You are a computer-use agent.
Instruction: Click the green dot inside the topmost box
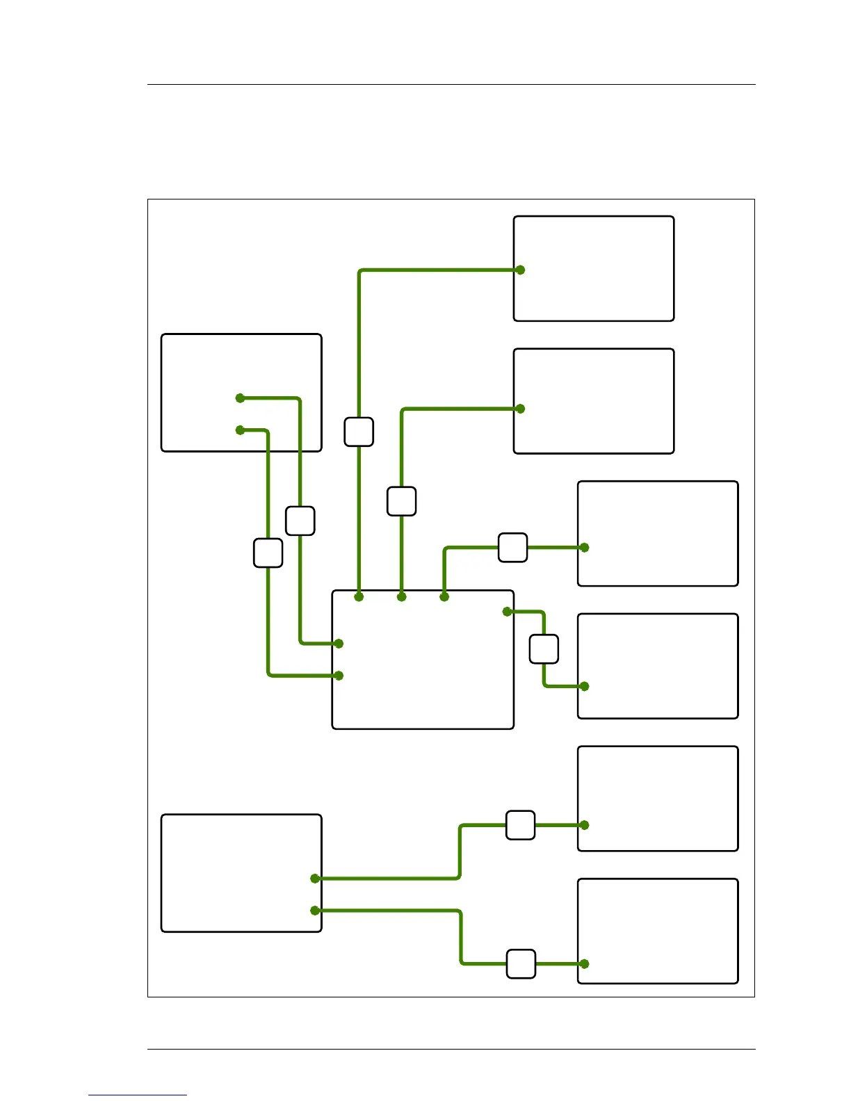click(520, 270)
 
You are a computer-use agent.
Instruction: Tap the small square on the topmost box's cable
click(359, 432)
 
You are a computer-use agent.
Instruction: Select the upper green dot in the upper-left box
click(240, 398)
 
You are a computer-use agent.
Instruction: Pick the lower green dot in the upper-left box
click(240, 430)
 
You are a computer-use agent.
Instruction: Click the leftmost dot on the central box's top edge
click(359, 596)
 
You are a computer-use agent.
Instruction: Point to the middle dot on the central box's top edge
click(401, 596)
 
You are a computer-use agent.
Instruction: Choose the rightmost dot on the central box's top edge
click(444, 596)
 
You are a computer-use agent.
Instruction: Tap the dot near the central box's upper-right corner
click(508, 612)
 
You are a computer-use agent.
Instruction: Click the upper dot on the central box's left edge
click(339, 644)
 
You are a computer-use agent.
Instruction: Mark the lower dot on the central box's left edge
click(339, 675)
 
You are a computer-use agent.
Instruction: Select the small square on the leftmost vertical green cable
click(268, 553)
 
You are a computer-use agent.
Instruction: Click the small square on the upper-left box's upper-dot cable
click(300, 521)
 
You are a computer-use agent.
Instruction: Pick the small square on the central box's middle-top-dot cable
click(401, 501)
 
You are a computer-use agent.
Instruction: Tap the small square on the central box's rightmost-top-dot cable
click(512, 548)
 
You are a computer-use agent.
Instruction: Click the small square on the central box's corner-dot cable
click(544, 649)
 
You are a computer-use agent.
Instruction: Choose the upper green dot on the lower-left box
click(315, 879)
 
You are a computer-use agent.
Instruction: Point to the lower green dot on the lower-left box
click(315, 911)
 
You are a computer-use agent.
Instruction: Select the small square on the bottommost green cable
click(521, 964)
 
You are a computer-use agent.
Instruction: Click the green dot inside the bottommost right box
click(584, 964)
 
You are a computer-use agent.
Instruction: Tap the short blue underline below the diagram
click(138, 1095)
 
